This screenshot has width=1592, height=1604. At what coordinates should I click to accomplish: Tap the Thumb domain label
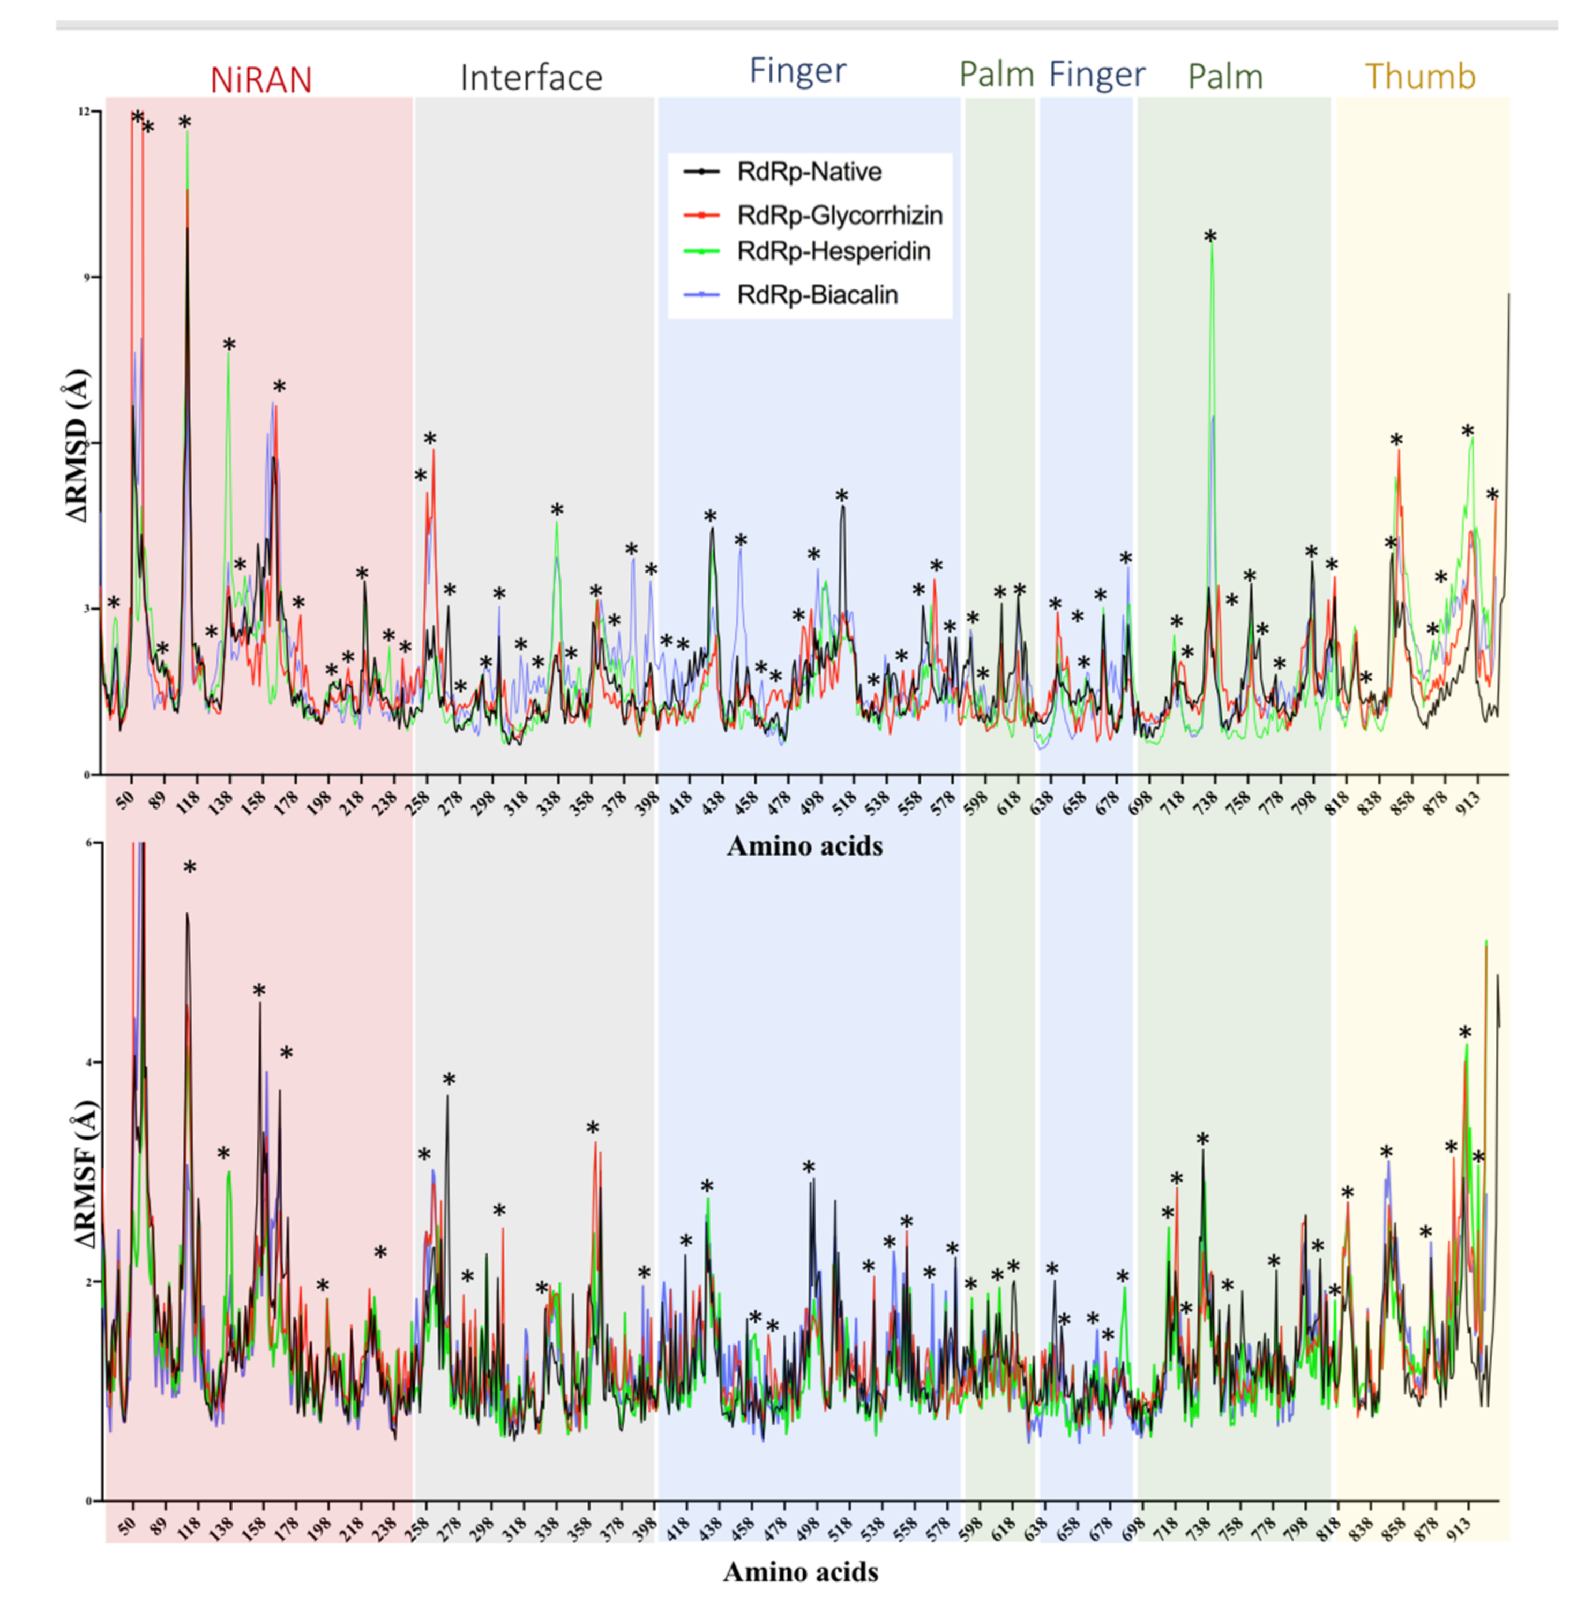click(1419, 76)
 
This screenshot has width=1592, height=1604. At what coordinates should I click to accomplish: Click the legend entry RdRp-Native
click(809, 172)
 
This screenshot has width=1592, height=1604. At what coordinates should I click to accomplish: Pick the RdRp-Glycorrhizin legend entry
click(839, 215)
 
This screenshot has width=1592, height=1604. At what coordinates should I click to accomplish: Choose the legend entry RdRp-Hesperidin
click(833, 251)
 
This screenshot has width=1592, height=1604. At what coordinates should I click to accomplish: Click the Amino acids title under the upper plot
click(804, 846)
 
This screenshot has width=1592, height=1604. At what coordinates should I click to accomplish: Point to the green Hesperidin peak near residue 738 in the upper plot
click(1212, 249)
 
